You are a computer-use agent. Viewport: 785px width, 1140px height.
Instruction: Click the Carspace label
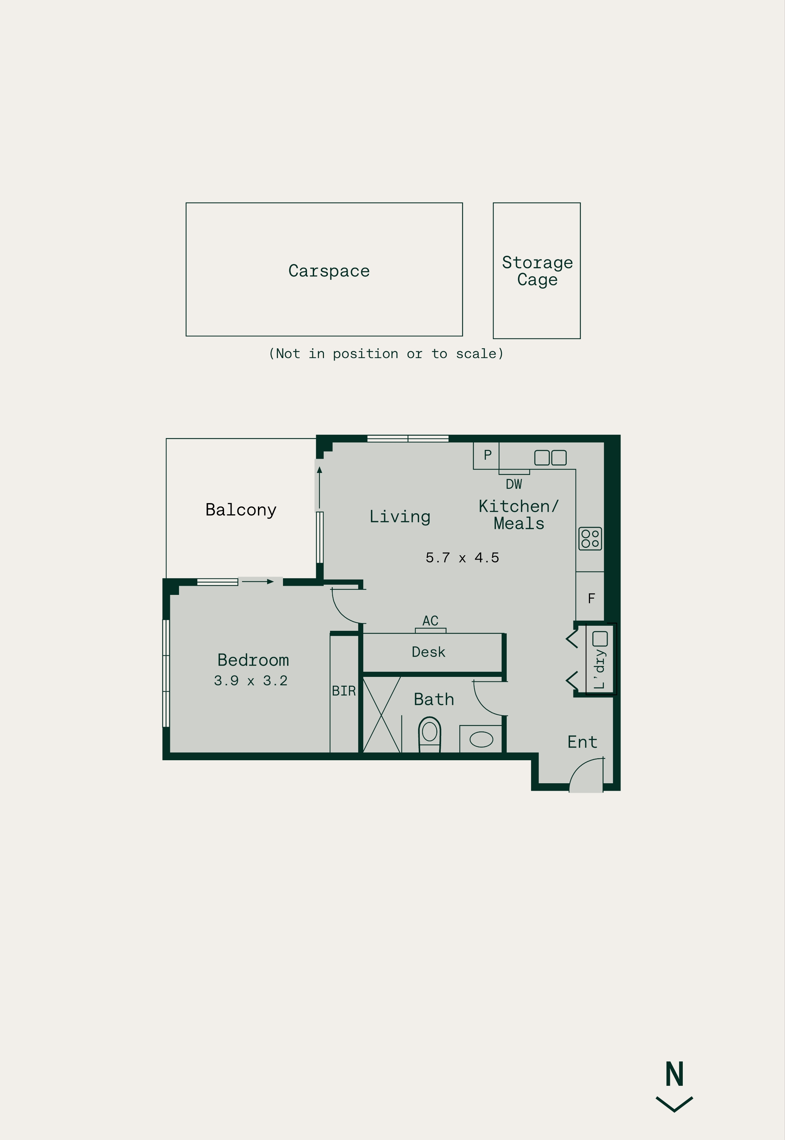point(329,271)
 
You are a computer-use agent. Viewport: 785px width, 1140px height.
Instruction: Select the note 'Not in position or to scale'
point(386,353)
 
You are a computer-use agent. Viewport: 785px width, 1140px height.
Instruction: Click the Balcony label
point(241,510)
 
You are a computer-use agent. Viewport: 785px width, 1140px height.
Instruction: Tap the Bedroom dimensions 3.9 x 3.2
point(250,680)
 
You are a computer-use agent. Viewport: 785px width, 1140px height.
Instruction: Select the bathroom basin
point(481,739)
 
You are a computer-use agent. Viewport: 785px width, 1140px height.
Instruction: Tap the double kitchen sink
point(550,458)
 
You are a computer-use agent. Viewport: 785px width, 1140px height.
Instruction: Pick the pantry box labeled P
point(486,455)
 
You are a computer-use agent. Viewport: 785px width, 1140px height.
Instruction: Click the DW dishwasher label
point(514,484)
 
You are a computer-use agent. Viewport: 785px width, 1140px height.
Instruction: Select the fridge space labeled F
point(590,597)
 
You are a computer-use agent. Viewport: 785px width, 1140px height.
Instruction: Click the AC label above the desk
point(430,621)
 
